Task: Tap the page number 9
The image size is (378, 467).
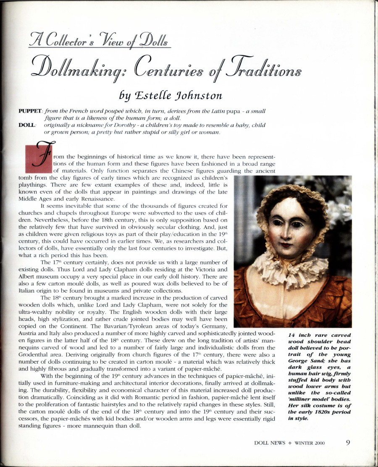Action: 348,443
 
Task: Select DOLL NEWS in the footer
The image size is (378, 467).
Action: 270,443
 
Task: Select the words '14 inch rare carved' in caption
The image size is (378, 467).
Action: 319,335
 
